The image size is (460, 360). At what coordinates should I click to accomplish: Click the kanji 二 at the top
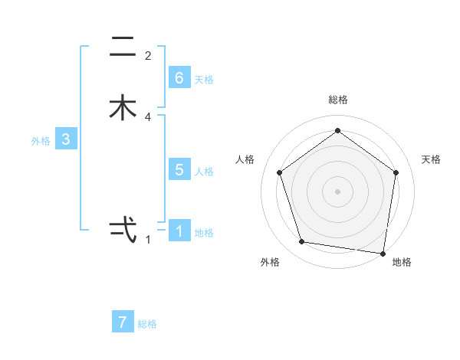123,47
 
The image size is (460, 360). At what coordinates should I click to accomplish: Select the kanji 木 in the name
123,108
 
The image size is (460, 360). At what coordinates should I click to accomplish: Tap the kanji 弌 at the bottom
123,229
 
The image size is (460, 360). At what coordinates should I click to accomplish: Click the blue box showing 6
179,78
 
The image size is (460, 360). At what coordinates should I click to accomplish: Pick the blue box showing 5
179,170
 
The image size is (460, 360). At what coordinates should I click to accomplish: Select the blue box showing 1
179,231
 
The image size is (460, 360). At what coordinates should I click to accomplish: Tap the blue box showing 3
66,139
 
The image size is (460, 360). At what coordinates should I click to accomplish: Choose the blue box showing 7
123,322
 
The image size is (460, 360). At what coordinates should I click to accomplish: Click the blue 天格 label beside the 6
204,80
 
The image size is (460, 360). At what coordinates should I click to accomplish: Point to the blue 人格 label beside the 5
204,172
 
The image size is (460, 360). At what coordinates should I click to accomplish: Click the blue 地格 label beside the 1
204,233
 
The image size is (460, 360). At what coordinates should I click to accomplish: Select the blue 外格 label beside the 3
41,141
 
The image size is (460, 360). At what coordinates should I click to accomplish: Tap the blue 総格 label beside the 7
147,324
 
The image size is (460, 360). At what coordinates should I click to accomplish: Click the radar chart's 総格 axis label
337,100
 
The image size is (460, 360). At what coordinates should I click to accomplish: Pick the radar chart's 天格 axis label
432,159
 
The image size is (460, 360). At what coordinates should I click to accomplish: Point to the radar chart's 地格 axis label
402,262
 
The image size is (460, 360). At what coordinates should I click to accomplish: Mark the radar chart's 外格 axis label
270,262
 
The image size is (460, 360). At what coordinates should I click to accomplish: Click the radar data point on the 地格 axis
383,253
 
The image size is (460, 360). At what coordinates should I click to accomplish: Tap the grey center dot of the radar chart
337,190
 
